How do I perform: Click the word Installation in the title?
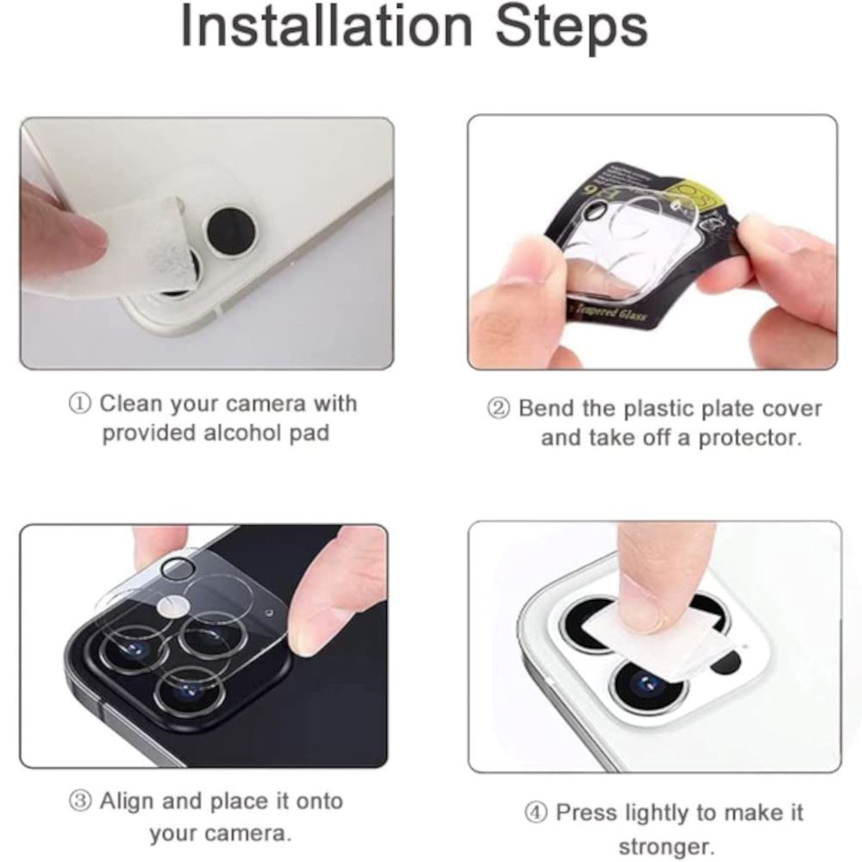(327, 26)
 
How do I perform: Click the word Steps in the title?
(572, 28)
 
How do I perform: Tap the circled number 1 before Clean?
(79, 404)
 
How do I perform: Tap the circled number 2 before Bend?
(498, 409)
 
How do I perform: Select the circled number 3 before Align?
(80, 801)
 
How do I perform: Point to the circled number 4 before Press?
(535, 813)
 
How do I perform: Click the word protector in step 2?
(750, 438)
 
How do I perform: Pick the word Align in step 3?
(127, 801)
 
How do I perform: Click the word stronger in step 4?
(665, 846)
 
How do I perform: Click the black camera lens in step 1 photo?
(230, 230)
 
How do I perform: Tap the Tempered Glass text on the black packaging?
(609, 314)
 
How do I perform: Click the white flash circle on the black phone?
(174, 607)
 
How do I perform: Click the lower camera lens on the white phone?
(649, 684)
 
